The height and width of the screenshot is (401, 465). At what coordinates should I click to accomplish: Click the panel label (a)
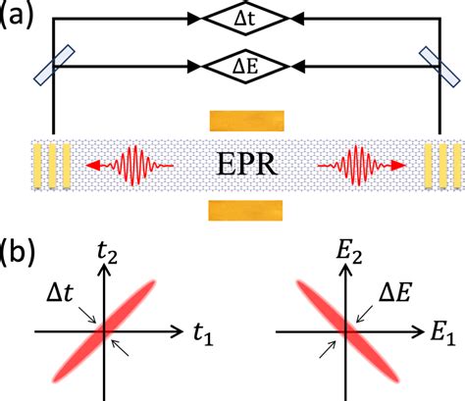(x=19, y=18)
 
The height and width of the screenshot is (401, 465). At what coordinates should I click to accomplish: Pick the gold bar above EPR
(x=246, y=120)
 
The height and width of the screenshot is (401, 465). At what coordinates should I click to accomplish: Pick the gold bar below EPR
(x=246, y=210)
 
